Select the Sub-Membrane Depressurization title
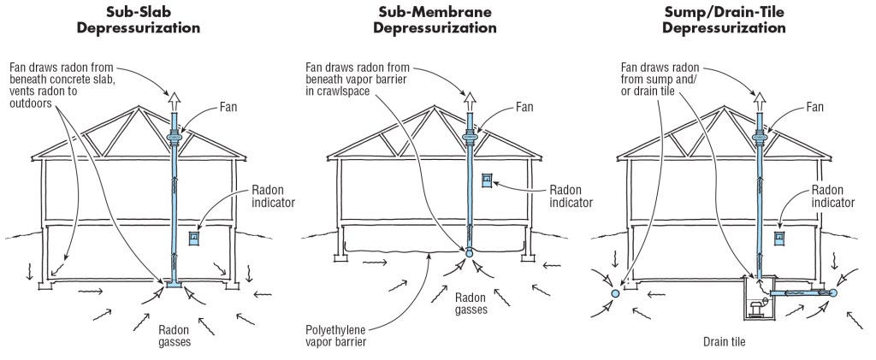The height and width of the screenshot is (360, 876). click(436, 20)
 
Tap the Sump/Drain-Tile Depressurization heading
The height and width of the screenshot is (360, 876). click(725, 20)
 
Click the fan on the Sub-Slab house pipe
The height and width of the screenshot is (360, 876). click(175, 138)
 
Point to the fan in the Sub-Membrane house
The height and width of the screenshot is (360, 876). click(470, 137)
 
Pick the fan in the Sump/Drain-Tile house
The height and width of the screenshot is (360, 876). click(759, 138)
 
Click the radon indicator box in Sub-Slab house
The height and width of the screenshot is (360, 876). click(194, 234)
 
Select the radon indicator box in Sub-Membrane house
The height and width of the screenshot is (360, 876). click(487, 182)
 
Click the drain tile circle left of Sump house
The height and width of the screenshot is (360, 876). click(613, 293)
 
